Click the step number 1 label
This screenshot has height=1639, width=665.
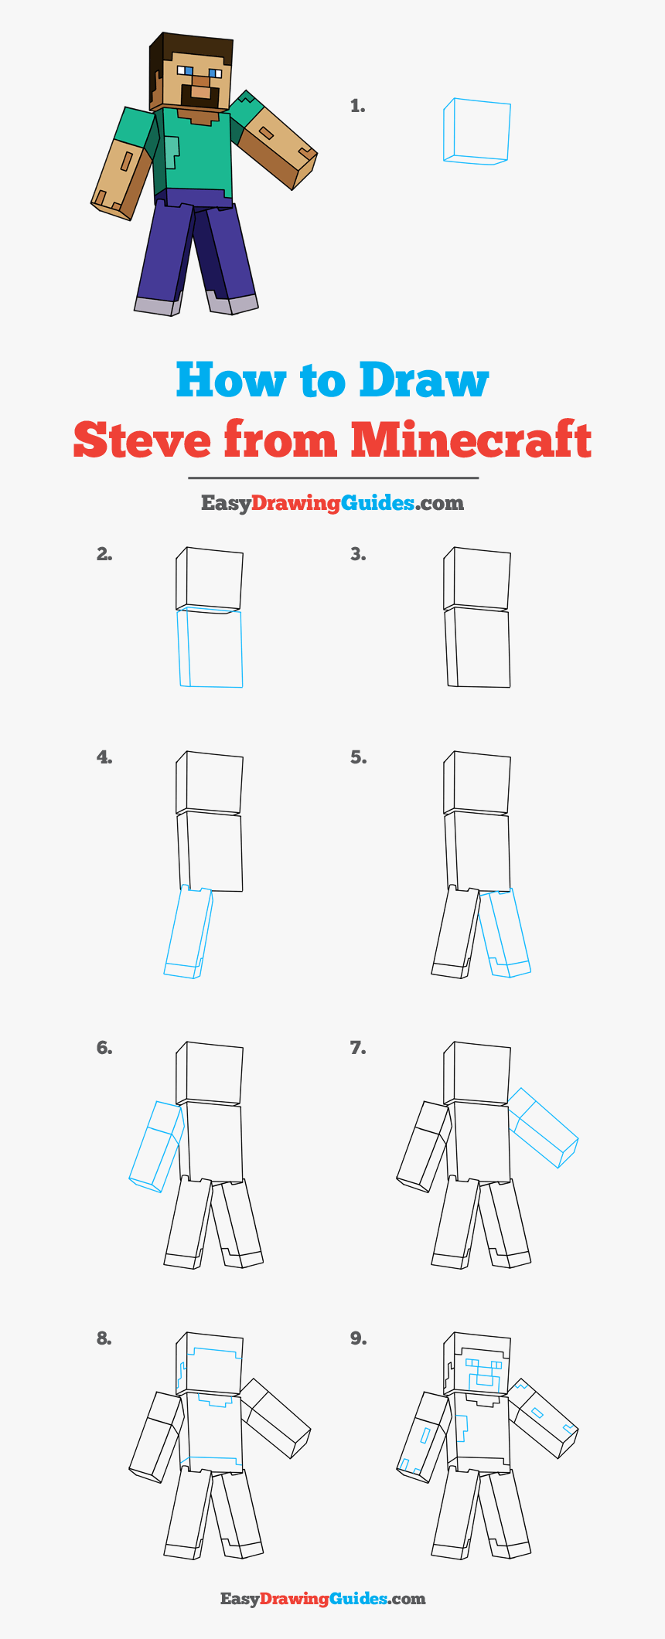[x=357, y=107]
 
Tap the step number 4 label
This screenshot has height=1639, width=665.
[x=104, y=758]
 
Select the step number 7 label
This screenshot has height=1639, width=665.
[x=357, y=1049]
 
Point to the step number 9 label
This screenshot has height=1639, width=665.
[x=357, y=1338]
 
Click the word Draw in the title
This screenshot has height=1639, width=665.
[x=424, y=380]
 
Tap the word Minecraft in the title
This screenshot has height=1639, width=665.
[x=471, y=440]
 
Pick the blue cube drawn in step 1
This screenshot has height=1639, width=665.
[x=476, y=131]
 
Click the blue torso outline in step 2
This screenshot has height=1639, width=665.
[x=210, y=648]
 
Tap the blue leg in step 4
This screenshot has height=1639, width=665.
[x=188, y=932]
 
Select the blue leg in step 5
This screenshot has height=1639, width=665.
[x=504, y=933]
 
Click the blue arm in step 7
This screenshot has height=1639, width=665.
[x=543, y=1127]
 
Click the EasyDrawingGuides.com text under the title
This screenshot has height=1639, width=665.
[x=332, y=503]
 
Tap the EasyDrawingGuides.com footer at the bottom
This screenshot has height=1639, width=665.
[x=323, y=1599]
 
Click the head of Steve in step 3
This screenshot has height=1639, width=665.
[x=477, y=578]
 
